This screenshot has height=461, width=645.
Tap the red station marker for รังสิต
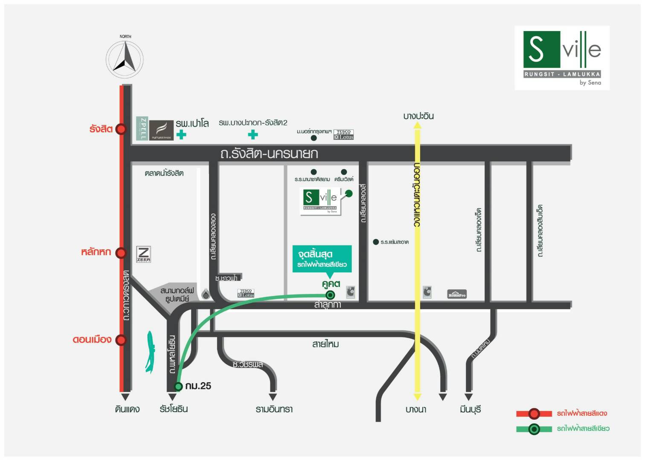point(121,129)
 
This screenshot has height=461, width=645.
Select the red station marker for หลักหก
point(121,253)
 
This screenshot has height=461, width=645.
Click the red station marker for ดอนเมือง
point(121,340)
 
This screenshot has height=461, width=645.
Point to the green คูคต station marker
point(330,295)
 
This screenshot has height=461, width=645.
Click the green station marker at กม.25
point(178,386)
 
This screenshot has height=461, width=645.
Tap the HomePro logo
point(456,294)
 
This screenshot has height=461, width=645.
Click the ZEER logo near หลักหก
point(144,254)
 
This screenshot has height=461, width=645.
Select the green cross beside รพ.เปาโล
point(181,135)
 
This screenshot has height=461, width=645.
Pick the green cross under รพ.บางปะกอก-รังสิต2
point(253,135)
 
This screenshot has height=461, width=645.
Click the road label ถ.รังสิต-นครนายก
point(269,153)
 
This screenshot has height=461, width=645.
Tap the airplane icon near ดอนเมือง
point(150,351)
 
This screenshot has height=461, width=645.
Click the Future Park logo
point(161,129)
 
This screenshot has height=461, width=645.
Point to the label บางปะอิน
point(418,116)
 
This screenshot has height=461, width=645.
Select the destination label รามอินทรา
point(274,409)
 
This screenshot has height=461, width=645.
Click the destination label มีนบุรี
point(470,409)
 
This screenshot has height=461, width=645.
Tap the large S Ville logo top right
point(562,58)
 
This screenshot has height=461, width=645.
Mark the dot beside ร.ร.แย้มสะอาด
point(376,242)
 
